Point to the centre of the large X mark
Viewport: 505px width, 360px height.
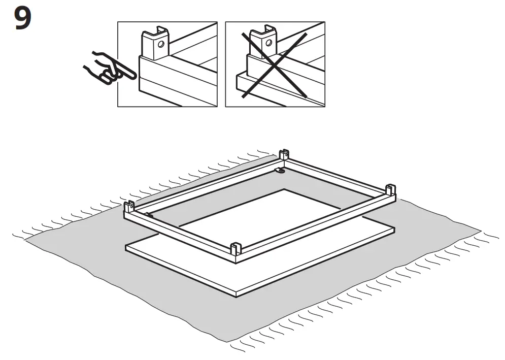pyautogui.click(x=275, y=63)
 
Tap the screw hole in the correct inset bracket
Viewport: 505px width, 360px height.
pyautogui.click(x=161, y=45)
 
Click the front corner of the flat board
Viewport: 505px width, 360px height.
pyautogui.click(x=237, y=293)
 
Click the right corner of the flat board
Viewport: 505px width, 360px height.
pyautogui.click(x=394, y=230)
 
